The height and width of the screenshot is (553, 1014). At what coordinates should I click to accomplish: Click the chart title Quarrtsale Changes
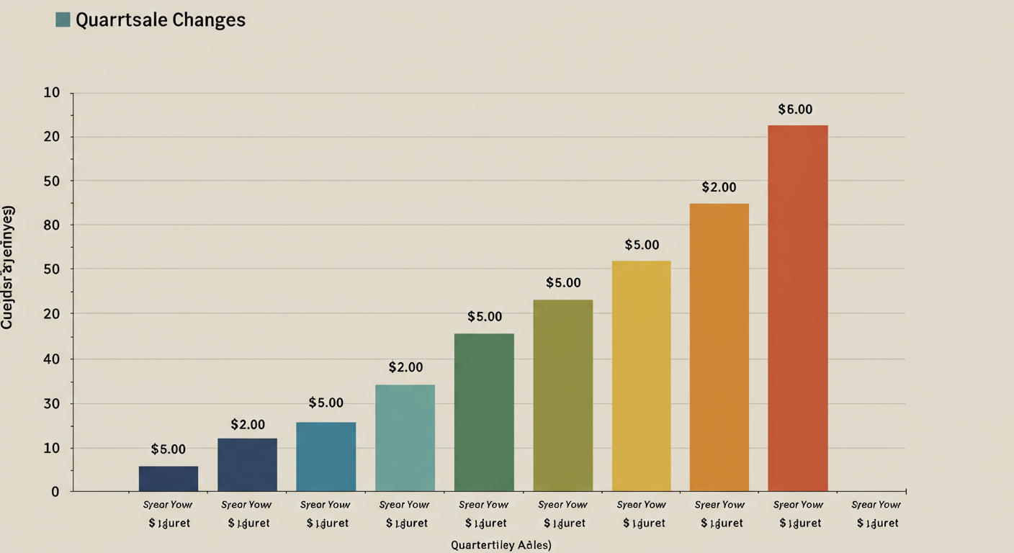pyautogui.click(x=161, y=20)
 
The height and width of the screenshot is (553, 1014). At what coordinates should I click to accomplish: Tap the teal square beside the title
pyautogui.click(x=63, y=19)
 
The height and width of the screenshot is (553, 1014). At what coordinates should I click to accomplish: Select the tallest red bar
pyautogui.click(x=797, y=308)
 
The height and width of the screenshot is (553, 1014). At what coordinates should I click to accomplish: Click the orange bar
pyautogui.click(x=719, y=347)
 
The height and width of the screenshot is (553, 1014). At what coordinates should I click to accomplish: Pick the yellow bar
pyautogui.click(x=641, y=376)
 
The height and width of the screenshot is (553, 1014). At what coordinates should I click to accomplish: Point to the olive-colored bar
pyautogui.click(x=562, y=395)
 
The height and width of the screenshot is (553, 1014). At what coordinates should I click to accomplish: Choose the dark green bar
pyautogui.click(x=484, y=412)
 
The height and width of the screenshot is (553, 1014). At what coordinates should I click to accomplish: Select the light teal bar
pyautogui.click(x=405, y=438)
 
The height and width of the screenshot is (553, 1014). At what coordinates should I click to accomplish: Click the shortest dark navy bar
pyautogui.click(x=169, y=478)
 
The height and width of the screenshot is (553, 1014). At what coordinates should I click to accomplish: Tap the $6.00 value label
pyautogui.click(x=795, y=109)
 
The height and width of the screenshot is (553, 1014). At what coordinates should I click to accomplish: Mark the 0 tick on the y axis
pyautogui.click(x=55, y=492)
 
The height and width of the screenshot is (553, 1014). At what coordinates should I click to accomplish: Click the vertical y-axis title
pyautogui.click(x=8, y=267)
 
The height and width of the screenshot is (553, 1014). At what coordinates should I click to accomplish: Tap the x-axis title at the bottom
pyautogui.click(x=501, y=545)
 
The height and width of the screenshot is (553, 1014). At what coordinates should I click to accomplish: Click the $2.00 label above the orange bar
pyautogui.click(x=719, y=187)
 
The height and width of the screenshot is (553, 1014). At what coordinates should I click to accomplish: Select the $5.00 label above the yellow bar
pyautogui.click(x=641, y=245)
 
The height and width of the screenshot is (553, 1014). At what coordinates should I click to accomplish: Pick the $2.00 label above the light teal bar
pyautogui.click(x=405, y=367)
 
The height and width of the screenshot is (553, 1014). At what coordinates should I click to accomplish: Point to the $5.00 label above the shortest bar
pyautogui.click(x=169, y=449)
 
